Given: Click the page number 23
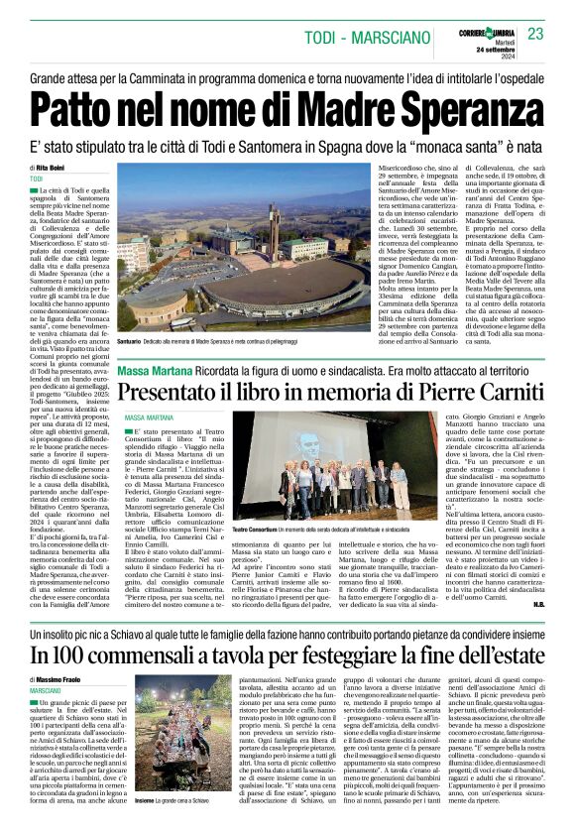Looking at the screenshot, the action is click(536, 34).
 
